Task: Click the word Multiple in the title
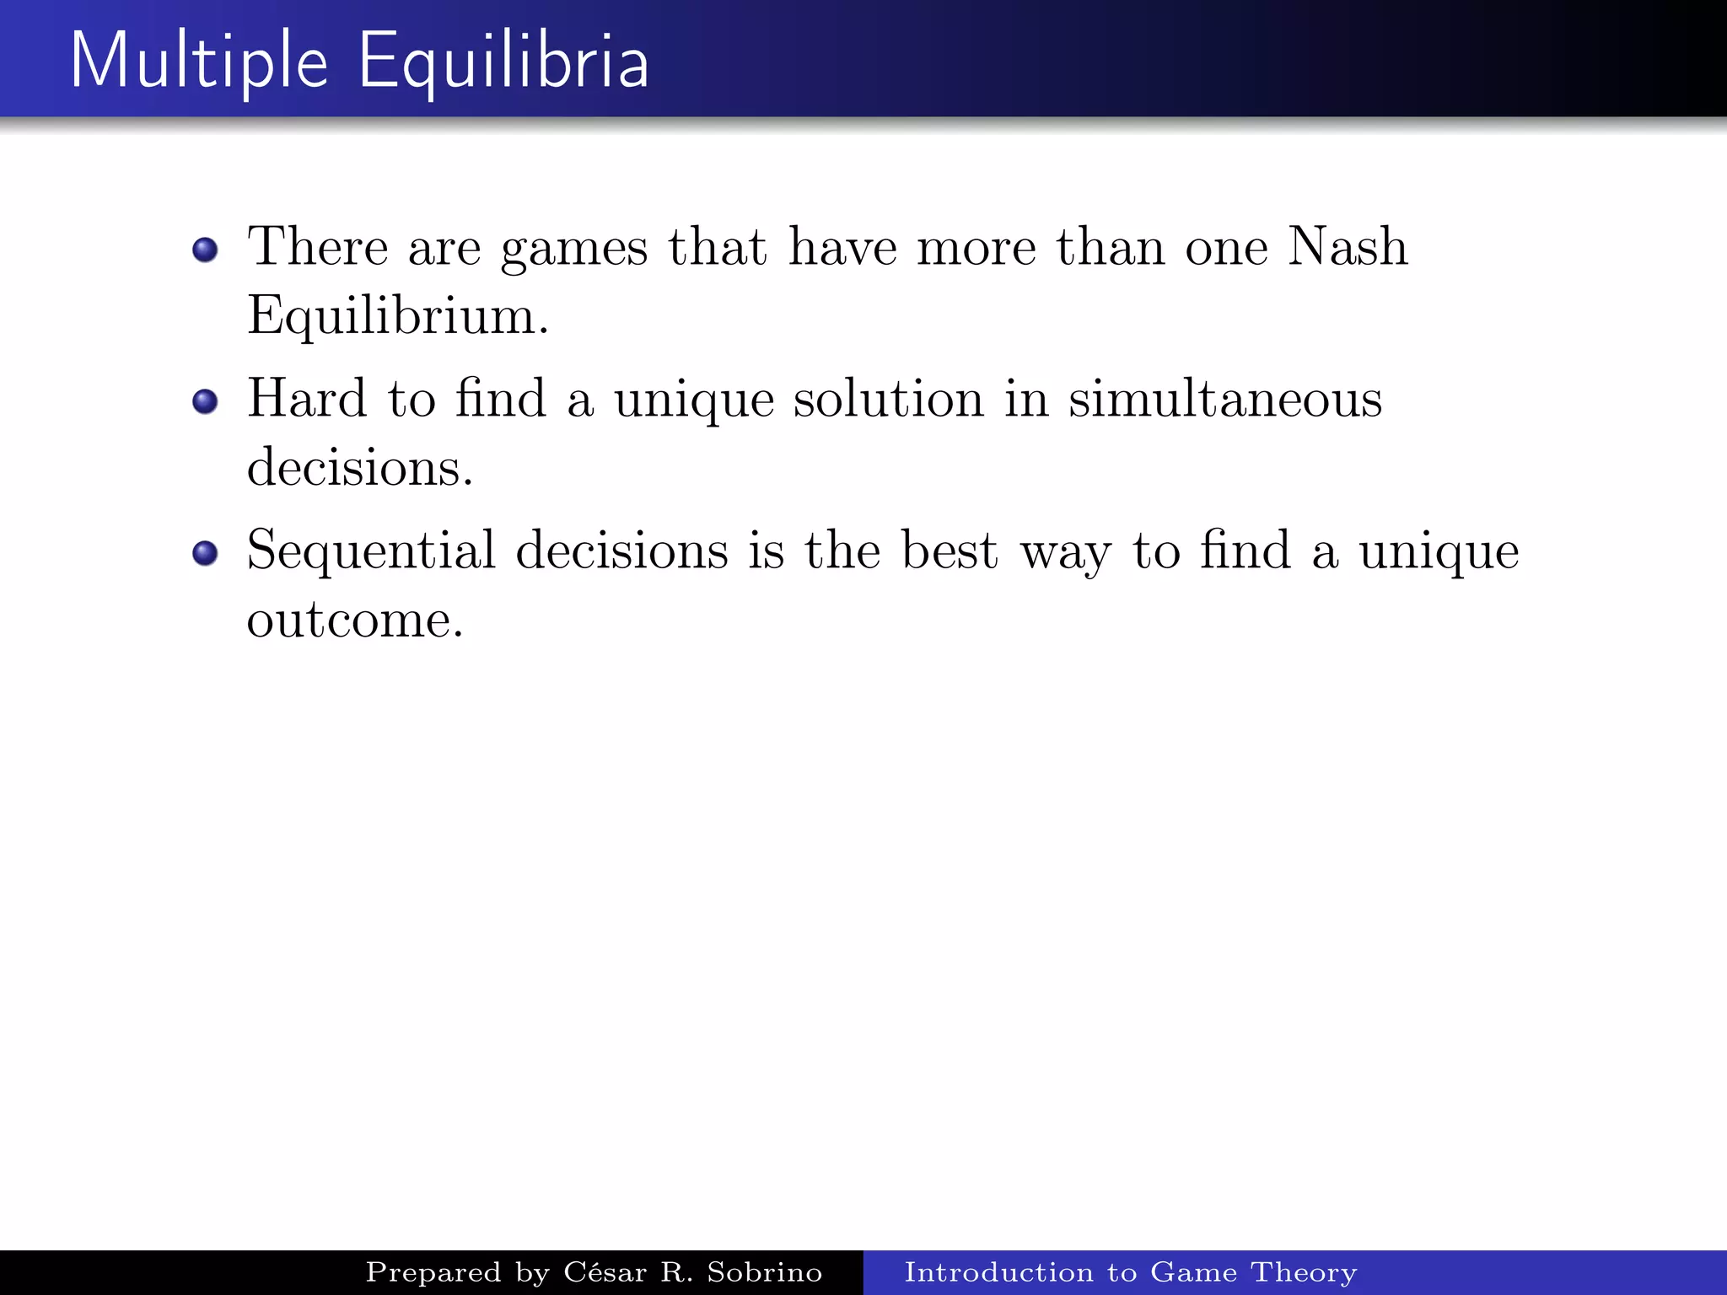[x=199, y=61]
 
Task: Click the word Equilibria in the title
[x=503, y=61]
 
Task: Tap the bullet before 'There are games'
[x=205, y=250]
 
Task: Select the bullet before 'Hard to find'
[x=205, y=401]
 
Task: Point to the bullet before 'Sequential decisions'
[x=205, y=553]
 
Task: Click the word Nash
[x=1348, y=246]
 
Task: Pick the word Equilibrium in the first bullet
[x=397, y=317]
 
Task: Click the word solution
[x=888, y=398]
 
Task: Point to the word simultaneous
[x=1225, y=398]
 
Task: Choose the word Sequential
[x=371, y=551]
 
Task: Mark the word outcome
[x=354, y=621]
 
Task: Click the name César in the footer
[x=605, y=1271]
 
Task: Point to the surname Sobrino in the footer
[x=764, y=1271]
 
